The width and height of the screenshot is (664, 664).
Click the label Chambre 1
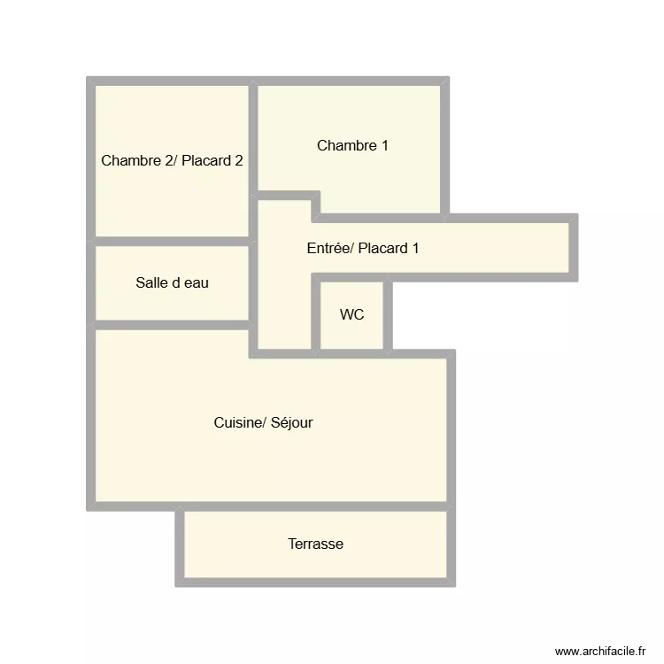(x=352, y=146)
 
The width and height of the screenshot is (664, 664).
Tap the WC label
(x=351, y=315)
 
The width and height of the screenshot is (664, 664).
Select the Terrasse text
(x=315, y=544)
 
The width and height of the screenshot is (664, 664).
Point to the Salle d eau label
(x=173, y=283)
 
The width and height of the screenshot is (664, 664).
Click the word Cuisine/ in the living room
(x=237, y=423)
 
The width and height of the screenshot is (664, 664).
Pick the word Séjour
(x=290, y=423)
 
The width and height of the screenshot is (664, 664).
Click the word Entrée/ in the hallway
(x=329, y=249)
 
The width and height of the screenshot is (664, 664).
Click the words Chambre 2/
(x=140, y=161)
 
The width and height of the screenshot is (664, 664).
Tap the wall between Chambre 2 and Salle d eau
(x=173, y=242)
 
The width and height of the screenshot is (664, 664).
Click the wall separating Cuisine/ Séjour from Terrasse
(x=315, y=506)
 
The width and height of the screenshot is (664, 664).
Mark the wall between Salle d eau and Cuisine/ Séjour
(x=173, y=325)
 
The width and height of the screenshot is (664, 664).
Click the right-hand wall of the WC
(x=387, y=315)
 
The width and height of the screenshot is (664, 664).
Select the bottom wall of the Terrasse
(x=315, y=582)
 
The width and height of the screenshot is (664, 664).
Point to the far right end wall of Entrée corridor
(x=574, y=248)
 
